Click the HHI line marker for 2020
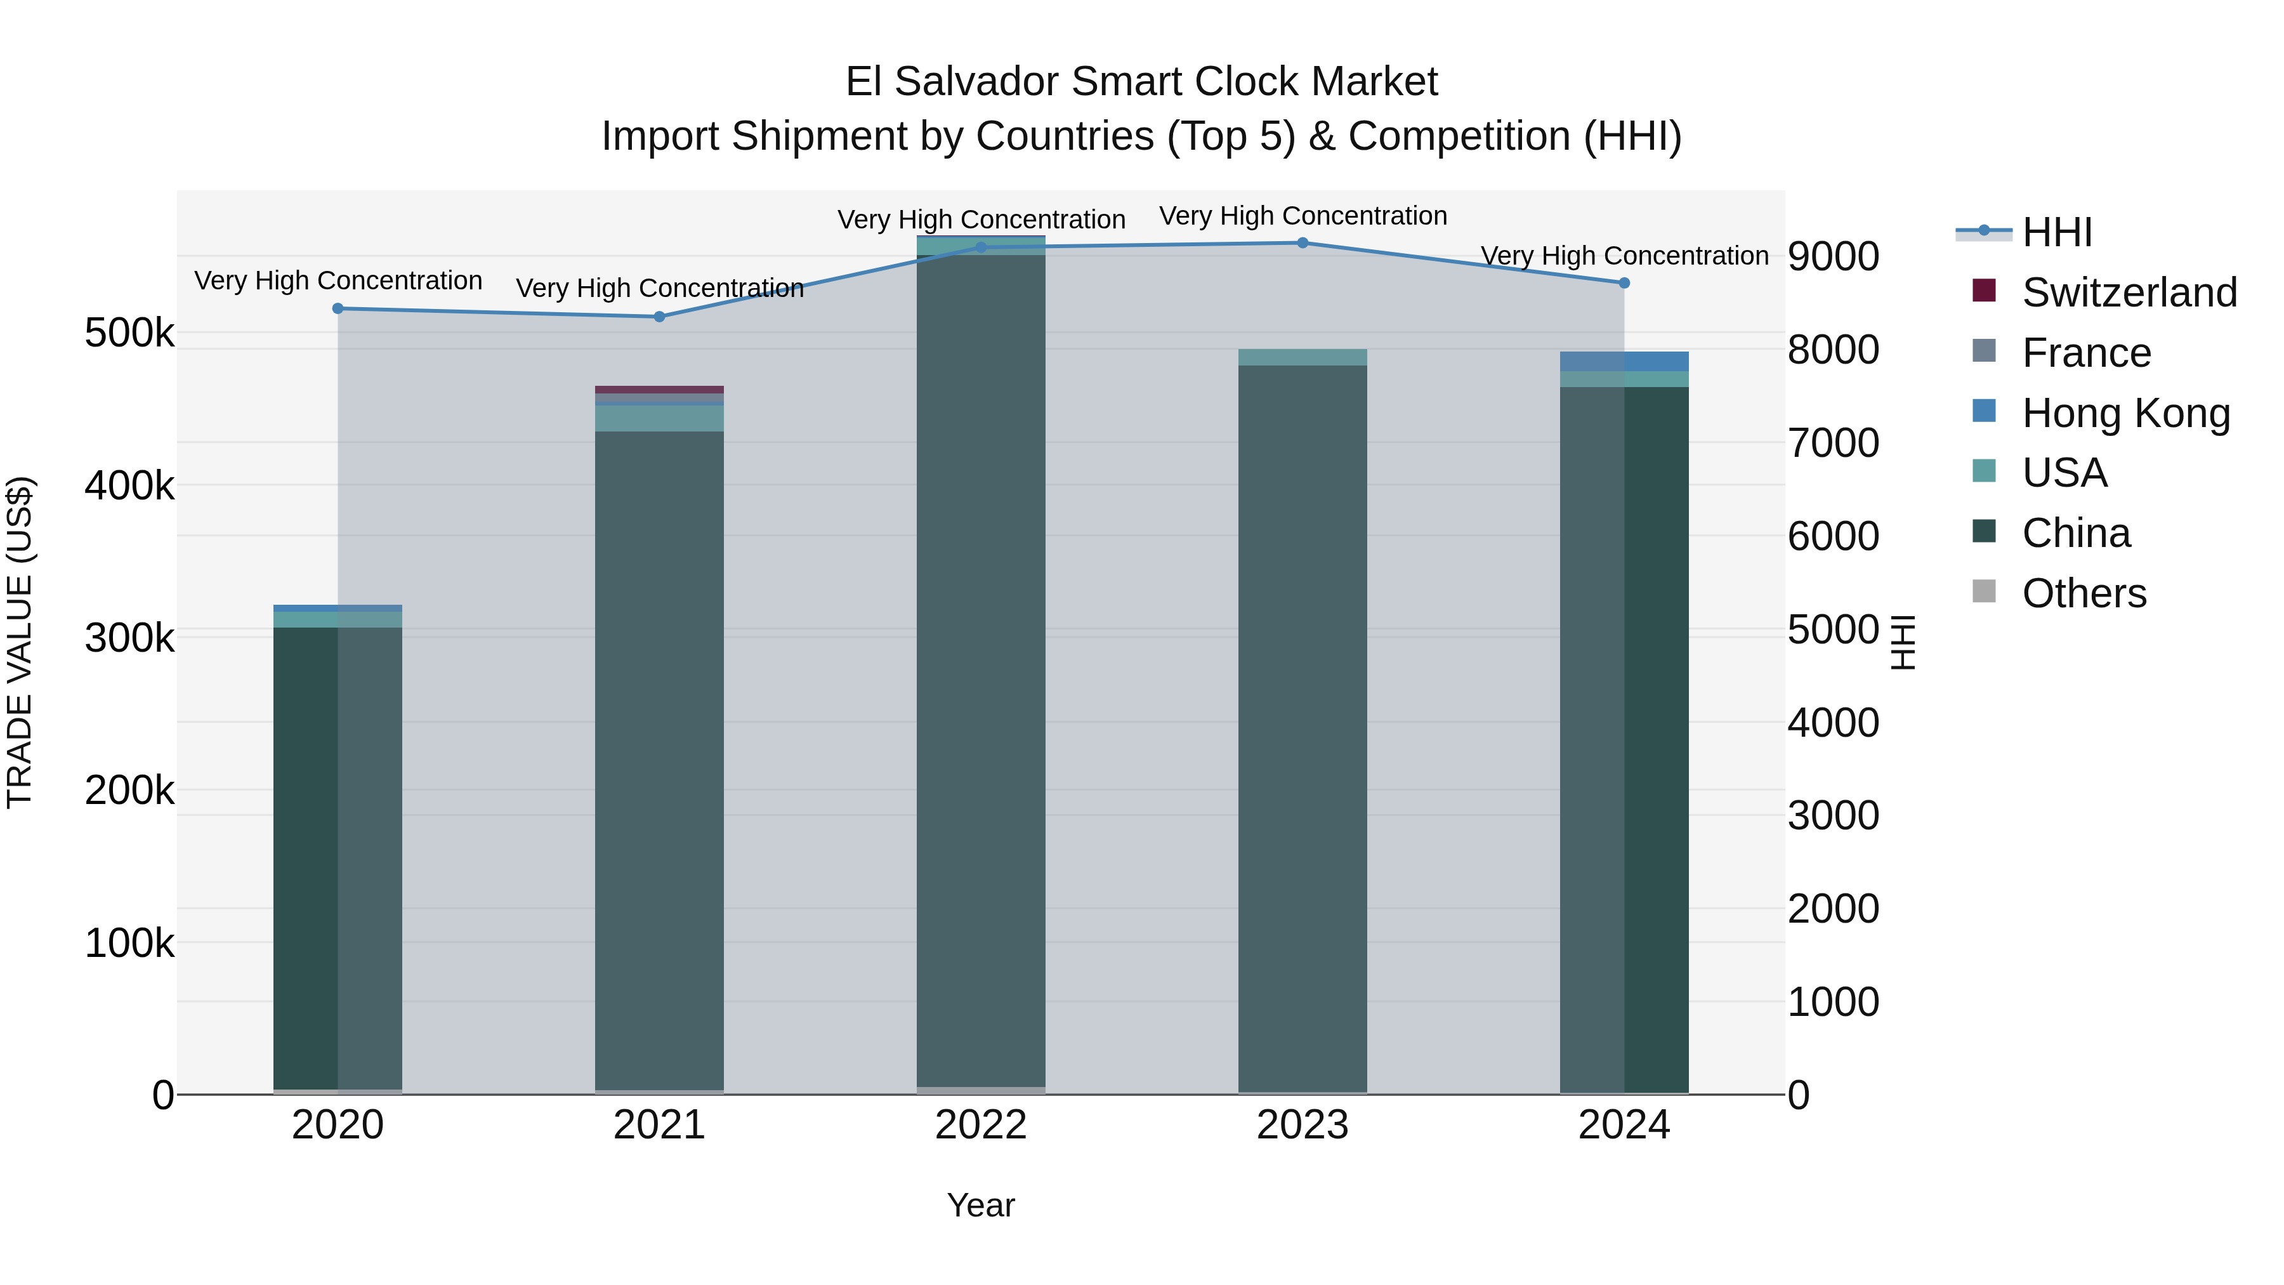tap(338, 308)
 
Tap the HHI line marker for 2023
tap(1303, 243)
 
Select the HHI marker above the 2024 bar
tap(1624, 283)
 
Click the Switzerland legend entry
tap(2128, 293)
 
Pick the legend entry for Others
tap(2084, 593)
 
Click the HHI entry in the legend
tap(2056, 232)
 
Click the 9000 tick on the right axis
tap(1833, 256)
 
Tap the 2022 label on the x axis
tap(981, 1125)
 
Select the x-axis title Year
tap(981, 1205)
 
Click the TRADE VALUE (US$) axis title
tap(20, 642)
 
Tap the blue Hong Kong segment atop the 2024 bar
tap(1624, 361)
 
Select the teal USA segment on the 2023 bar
tap(1303, 357)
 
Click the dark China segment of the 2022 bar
tap(981, 665)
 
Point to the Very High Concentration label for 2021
tap(660, 288)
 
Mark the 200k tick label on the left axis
tap(129, 790)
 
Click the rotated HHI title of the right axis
tap(1903, 642)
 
